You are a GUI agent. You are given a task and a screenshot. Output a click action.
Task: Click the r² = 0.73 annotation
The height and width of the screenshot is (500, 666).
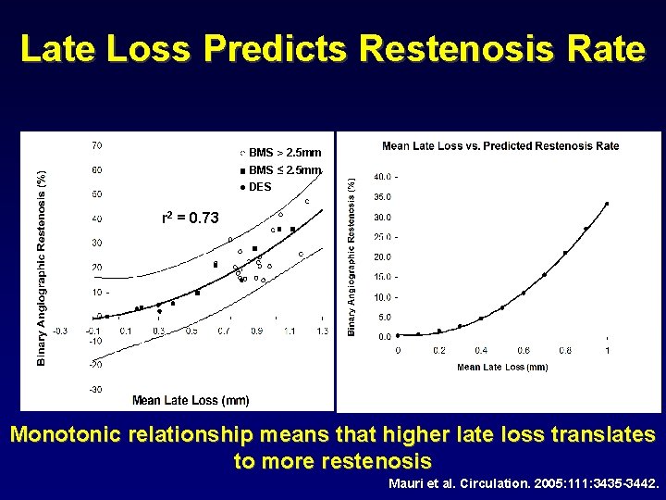191,219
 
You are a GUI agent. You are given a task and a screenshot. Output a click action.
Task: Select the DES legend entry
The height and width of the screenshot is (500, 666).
259,187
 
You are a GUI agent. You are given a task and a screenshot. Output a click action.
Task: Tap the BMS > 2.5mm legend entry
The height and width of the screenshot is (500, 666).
284,152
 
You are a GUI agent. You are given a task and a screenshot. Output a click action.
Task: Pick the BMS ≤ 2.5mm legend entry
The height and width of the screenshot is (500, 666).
284,169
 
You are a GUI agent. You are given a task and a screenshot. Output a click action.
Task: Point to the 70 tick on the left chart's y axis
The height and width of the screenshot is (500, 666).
96,145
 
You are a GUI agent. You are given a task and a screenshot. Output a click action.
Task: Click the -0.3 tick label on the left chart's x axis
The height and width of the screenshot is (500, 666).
60,331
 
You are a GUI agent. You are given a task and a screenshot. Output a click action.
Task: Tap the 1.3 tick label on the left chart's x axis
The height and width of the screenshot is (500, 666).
321,331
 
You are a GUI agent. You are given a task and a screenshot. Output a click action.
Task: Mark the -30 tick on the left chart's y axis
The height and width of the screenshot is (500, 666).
95,390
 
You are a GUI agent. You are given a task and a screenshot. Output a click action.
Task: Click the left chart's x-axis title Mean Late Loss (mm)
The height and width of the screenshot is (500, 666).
190,400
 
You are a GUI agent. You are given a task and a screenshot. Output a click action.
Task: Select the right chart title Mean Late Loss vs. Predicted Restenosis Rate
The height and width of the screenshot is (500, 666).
500,146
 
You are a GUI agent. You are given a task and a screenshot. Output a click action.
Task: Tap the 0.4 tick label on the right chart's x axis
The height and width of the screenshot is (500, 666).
481,351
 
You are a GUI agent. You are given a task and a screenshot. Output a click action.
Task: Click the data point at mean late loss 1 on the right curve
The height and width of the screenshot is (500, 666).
607,204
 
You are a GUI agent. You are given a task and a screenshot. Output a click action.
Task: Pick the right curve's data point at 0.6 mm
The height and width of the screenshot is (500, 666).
524,293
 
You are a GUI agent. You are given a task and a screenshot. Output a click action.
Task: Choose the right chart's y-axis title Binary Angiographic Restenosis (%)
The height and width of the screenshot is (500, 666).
351,257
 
